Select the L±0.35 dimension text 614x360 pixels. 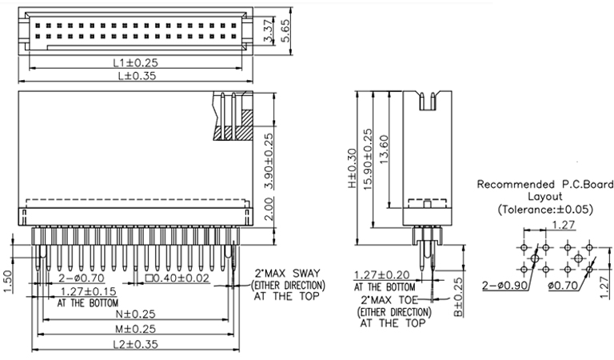click(136, 76)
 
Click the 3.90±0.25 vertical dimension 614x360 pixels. click(269, 160)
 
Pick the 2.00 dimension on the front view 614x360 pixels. click(269, 212)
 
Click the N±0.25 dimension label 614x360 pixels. click(136, 314)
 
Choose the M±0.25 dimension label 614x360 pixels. click(136, 329)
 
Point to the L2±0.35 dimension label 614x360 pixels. click(136, 345)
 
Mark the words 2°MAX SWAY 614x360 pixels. click(289, 273)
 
